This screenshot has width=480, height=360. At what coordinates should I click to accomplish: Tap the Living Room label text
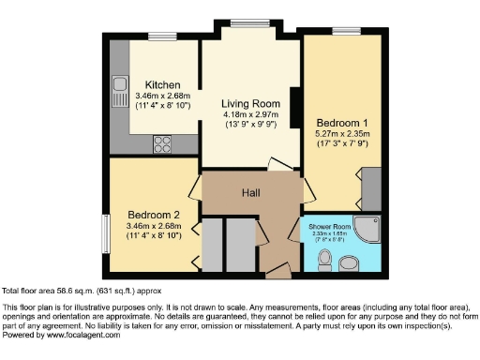pyautogui.click(x=251, y=103)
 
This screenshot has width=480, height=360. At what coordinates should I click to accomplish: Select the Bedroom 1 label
pyautogui.click(x=335, y=122)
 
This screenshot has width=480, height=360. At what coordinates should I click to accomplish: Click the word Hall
pyautogui.click(x=250, y=192)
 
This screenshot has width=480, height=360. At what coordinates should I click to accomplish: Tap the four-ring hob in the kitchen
pyautogui.click(x=162, y=144)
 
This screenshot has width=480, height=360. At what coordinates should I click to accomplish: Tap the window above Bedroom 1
pyautogui.click(x=345, y=32)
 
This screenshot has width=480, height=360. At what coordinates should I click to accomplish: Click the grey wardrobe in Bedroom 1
pyautogui.click(x=370, y=187)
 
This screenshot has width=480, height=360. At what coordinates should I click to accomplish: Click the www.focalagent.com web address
pyautogui.click(x=80, y=336)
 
